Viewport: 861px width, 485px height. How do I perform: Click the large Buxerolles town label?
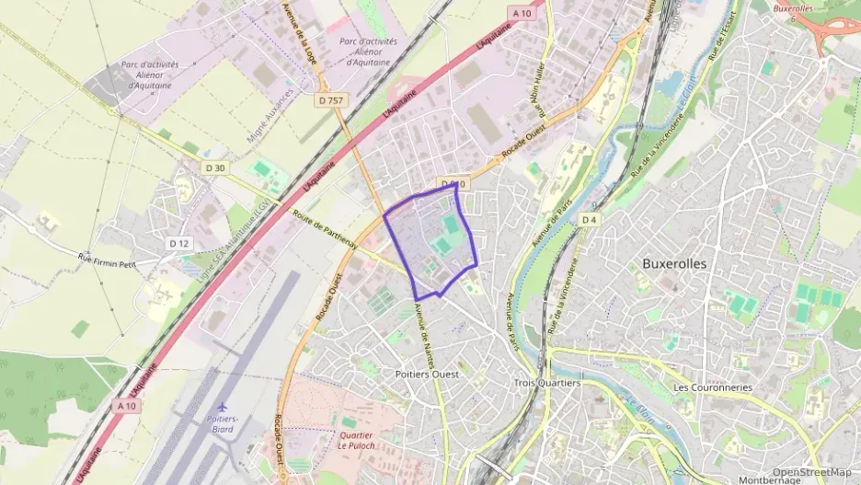674,263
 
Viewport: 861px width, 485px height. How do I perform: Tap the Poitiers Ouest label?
426,375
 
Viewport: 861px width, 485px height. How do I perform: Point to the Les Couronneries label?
713,387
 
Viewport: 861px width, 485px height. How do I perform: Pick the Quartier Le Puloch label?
356,440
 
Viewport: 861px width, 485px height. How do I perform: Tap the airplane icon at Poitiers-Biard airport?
222,406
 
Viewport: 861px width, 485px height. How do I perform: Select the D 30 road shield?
214,167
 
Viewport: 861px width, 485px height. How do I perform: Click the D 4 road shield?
590,219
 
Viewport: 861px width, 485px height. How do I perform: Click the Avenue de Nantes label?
424,327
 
